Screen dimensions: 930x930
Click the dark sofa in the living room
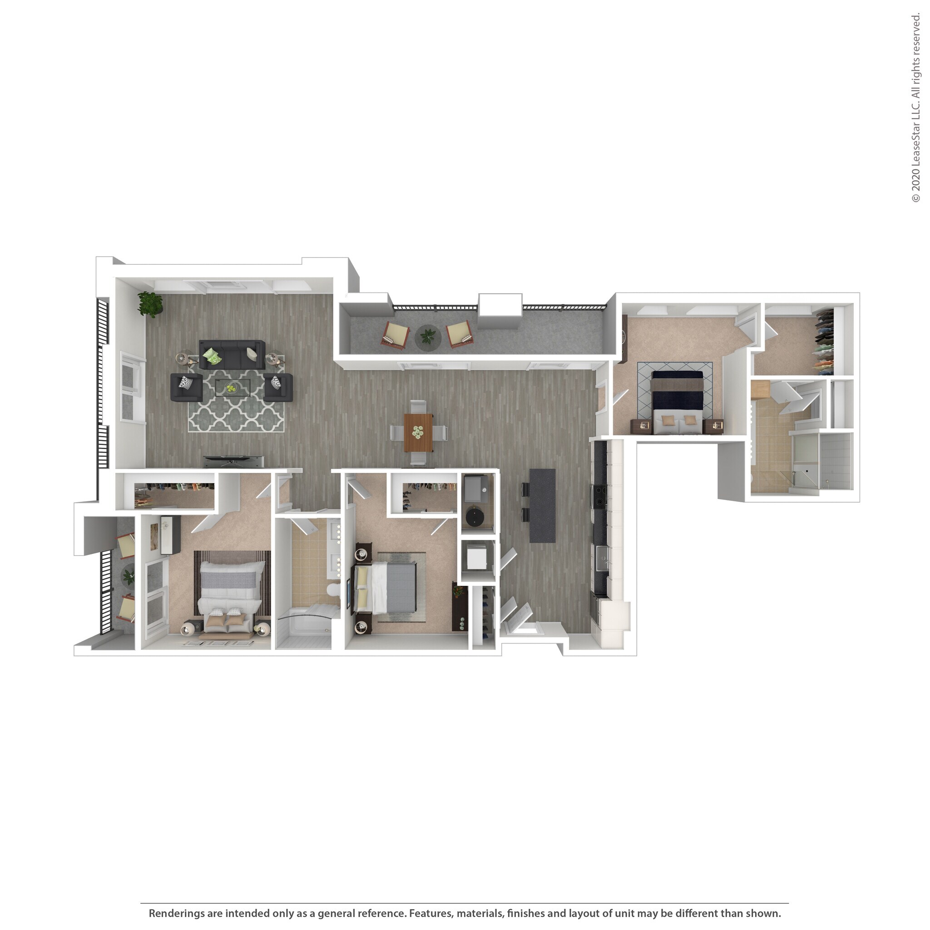232,355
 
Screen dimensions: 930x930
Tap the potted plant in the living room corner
150,304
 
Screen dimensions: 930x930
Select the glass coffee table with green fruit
233,387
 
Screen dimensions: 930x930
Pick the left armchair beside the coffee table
186,387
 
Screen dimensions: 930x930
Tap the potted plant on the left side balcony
128,576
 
